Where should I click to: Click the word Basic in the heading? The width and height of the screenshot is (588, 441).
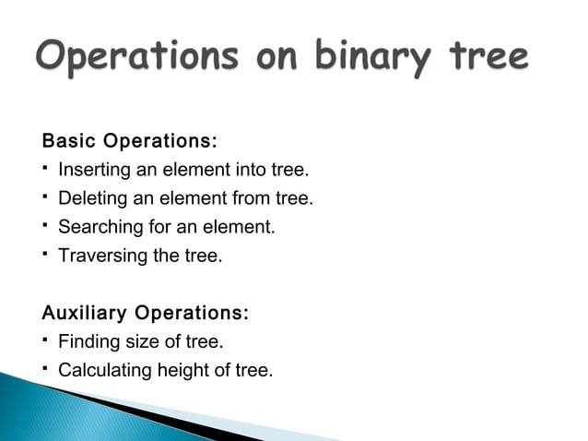pyautogui.click(x=69, y=143)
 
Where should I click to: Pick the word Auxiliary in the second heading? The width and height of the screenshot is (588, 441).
pyautogui.click(x=84, y=314)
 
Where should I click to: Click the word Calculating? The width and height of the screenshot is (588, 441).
pyautogui.click(x=101, y=371)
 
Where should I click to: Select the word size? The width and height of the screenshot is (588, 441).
pyautogui.click(x=135, y=342)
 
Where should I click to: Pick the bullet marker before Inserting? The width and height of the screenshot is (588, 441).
pyautogui.click(x=45, y=169)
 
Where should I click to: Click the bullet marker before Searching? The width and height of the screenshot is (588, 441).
pyautogui.click(x=45, y=224)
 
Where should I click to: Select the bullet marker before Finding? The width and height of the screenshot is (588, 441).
pyautogui.click(x=45, y=340)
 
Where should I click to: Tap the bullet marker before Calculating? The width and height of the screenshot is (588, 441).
pyautogui.click(x=45, y=369)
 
